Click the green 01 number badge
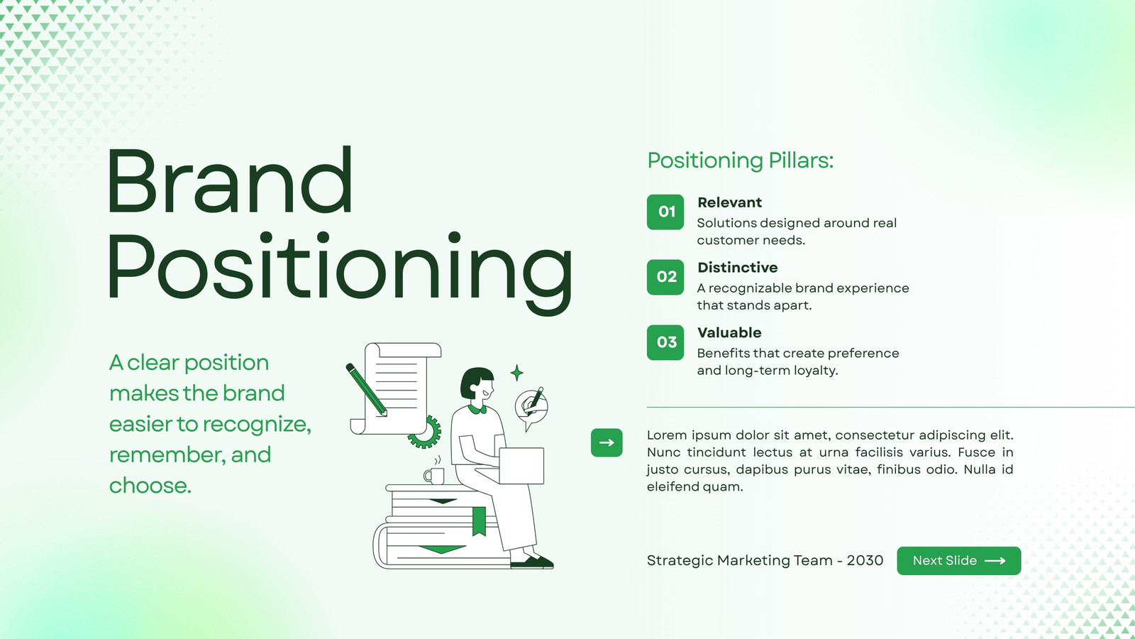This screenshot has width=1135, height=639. click(665, 212)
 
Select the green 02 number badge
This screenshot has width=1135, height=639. click(665, 277)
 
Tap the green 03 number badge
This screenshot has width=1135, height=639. click(665, 342)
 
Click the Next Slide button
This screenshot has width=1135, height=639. click(958, 560)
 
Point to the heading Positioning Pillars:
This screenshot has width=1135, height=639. click(741, 160)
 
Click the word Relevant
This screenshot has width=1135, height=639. click(729, 202)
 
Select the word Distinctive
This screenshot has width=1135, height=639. click(737, 267)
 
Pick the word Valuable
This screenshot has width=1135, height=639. click(729, 333)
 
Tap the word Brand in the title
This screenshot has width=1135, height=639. click(229, 180)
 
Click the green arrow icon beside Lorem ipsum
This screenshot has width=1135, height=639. click(607, 443)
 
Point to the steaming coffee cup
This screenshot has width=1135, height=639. click(434, 471)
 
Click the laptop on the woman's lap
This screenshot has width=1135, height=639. click(521, 466)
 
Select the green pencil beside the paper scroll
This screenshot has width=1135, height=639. click(366, 390)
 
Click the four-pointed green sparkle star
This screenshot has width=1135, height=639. click(517, 373)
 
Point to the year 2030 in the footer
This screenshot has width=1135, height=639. click(865, 560)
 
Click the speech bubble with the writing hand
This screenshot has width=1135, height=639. click(531, 408)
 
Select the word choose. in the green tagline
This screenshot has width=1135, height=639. click(150, 486)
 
